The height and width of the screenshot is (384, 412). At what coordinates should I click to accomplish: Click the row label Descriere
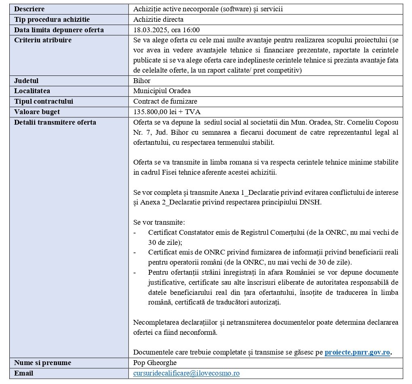point(29,9)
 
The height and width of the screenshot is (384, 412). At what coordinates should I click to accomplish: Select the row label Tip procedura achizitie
point(52,19)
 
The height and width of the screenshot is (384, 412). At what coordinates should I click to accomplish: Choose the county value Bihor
point(142,81)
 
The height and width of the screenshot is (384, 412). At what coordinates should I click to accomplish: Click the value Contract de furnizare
point(165,102)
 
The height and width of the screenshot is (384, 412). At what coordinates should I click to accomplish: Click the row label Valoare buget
point(37,112)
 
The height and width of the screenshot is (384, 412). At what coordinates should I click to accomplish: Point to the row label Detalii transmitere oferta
point(55,122)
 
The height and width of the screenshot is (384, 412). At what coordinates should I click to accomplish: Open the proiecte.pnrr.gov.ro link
point(357,353)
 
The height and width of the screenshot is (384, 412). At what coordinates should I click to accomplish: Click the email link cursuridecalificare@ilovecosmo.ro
point(186,374)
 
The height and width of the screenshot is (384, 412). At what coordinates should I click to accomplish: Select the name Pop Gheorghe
point(155,363)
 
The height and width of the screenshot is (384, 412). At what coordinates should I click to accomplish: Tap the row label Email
point(23,374)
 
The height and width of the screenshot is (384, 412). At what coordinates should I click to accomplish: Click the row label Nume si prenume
point(42,363)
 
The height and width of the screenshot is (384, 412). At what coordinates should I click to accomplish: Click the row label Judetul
point(26,81)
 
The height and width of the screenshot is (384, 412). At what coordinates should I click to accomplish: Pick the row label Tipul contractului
point(44,102)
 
